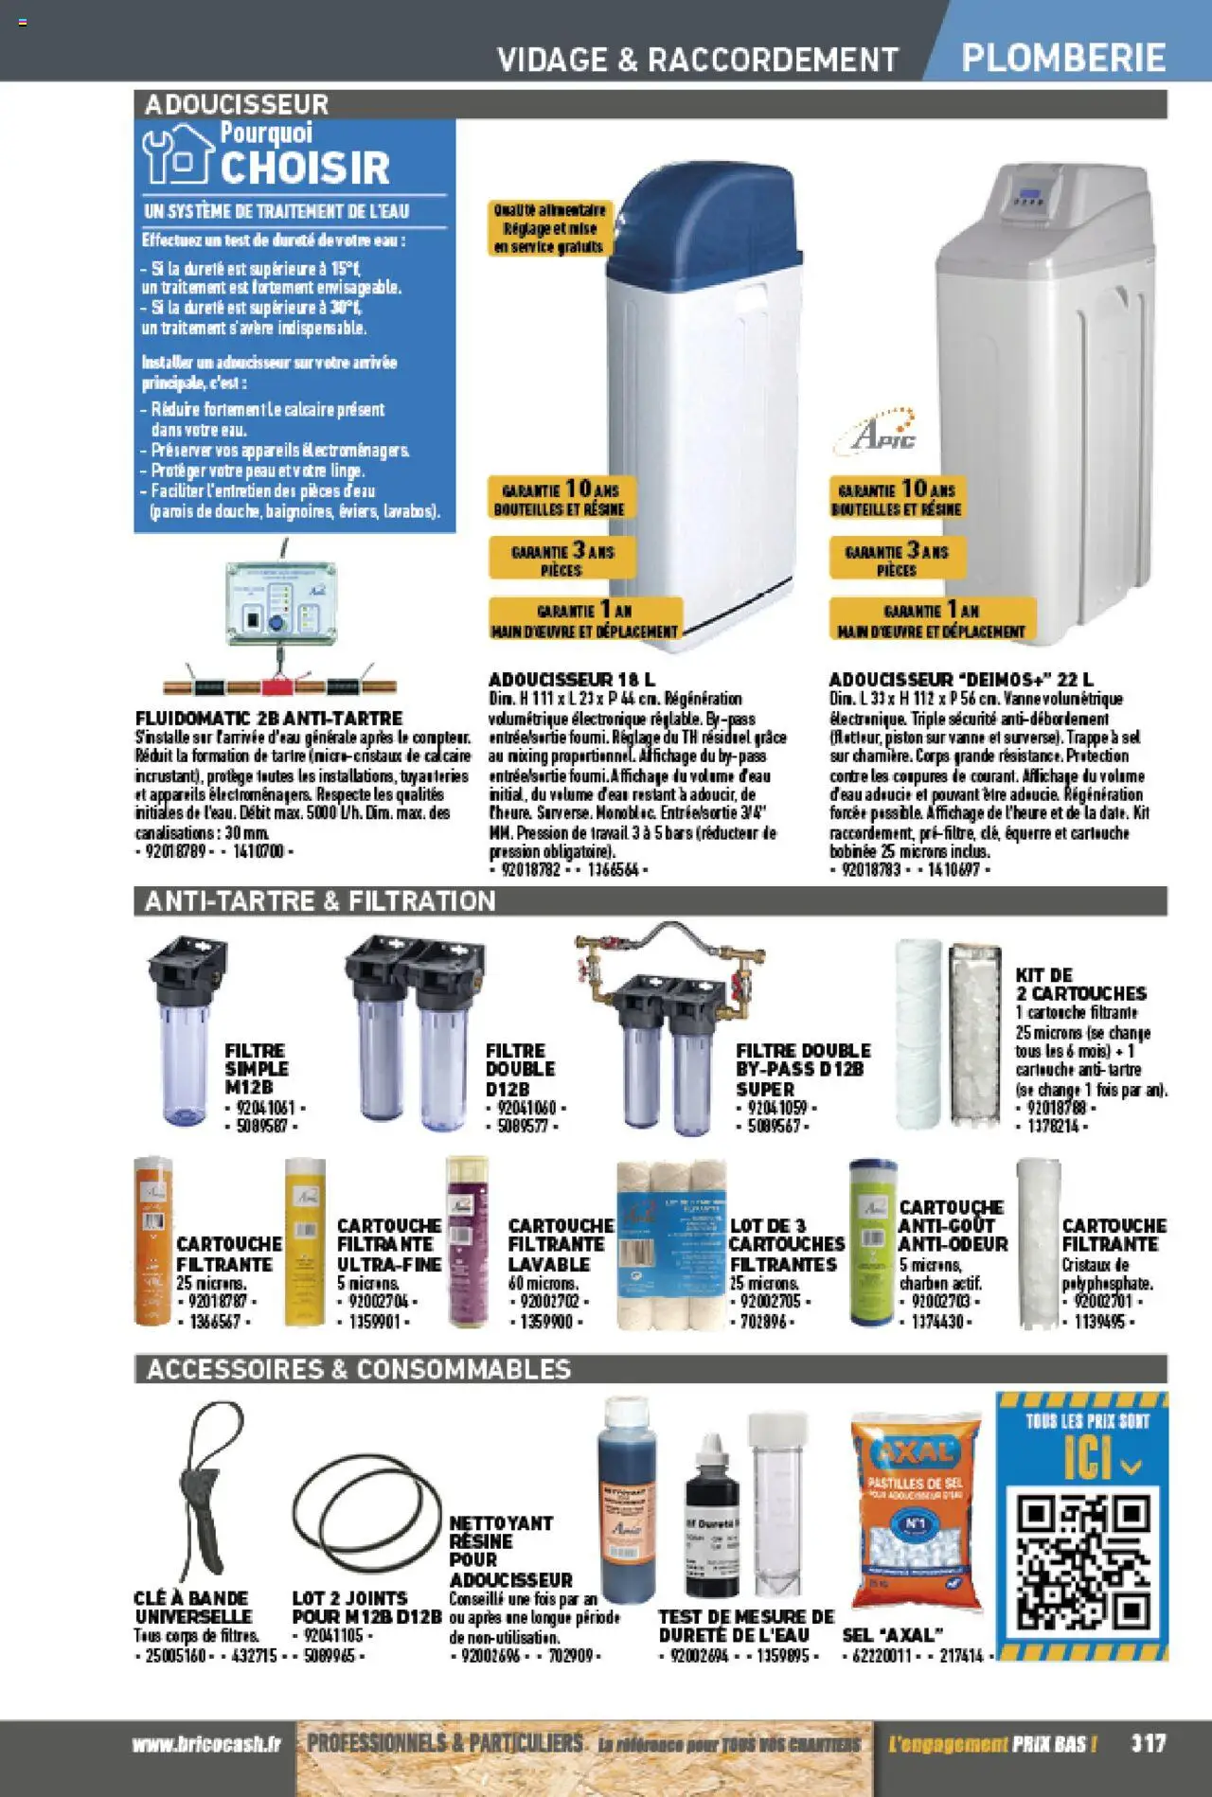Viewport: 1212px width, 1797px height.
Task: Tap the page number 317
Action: (x=1148, y=1743)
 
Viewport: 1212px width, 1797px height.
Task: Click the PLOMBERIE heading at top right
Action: (x=1063, y=58)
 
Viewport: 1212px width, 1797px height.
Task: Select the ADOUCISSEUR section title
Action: (x=237, y=104)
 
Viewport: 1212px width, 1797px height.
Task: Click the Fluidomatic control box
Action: (x=280, y=603)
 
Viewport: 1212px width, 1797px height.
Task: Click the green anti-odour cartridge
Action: (x=872, y=1241)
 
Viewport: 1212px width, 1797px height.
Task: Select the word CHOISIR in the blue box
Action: (x=305, y=169)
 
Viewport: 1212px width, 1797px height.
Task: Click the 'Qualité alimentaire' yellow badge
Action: (x=549, y=228)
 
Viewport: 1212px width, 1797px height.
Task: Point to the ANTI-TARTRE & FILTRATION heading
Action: (x=320, y=900)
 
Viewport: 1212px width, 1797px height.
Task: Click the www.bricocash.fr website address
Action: (x=207, y=1744)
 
